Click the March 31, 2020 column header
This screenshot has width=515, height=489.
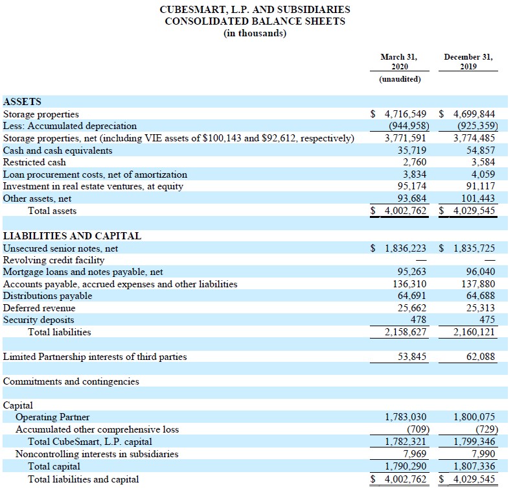[x=398, y=62]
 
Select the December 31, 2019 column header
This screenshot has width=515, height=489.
[x=468, y=62]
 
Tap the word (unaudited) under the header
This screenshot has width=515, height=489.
[x=399, y=79]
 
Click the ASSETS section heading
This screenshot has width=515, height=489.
[x=22, y=102]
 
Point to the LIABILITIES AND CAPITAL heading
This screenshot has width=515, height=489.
[x=72, y=236]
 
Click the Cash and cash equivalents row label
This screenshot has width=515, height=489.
[x=58, y=150]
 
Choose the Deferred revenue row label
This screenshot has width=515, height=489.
[x=39, y=308]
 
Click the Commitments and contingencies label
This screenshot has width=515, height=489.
[x=71, y=381]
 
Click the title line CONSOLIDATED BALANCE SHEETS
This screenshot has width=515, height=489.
[x=255, y=21]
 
